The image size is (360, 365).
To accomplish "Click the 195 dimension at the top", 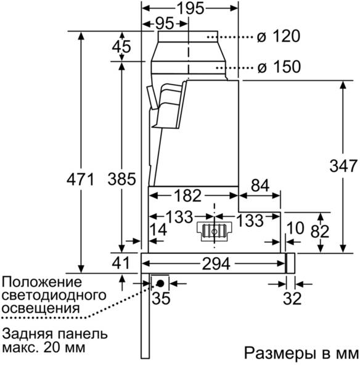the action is (x=190, y=9).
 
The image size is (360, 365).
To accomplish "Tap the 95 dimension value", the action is (x=165, y=23).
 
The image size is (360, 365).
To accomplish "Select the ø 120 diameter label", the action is (x=279, y=36).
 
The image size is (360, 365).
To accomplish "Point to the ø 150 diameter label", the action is (x=279, y=67).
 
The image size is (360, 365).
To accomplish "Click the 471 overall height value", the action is (x=80, y=179).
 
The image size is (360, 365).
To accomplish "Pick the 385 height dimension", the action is (x=121, y=179).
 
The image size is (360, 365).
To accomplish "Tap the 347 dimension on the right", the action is (x=343, y=166).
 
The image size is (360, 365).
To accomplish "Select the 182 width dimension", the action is (x=187, y=195).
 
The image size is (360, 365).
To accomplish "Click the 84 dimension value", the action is (x=260, y=186).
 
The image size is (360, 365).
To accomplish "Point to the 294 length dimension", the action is (x=216, y=264).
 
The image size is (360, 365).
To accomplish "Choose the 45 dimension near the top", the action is (x=121, y=47).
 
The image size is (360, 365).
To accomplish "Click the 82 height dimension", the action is (x=320, y=231).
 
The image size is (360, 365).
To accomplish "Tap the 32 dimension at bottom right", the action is (x=292, y=298).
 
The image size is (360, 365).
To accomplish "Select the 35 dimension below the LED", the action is (x=161, y=298).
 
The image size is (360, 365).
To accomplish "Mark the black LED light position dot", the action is (x=160, y=283).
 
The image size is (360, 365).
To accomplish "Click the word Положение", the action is (x=42, y=282).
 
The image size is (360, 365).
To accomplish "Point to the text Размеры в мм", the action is (x=301, y=353).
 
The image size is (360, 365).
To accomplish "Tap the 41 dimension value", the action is (x=121, y=263).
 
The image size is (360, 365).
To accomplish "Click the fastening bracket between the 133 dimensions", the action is (x=215, y=230).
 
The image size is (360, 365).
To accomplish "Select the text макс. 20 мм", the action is (x=44, y=348).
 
